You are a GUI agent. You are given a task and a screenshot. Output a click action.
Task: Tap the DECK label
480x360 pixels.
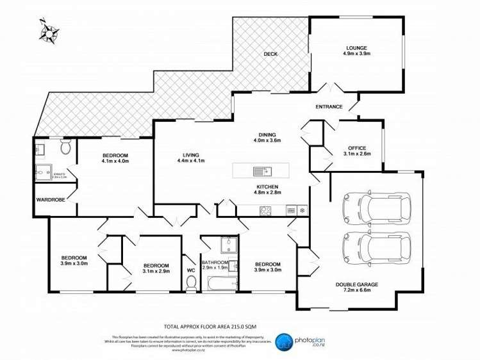[x=270, y=54]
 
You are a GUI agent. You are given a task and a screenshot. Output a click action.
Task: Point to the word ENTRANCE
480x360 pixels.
[x=329, y=106]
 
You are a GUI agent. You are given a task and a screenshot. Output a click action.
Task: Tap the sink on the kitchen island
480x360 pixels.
[x=261, y=171]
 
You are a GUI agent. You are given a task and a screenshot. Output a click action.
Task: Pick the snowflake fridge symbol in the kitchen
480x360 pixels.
[x=302, y=210]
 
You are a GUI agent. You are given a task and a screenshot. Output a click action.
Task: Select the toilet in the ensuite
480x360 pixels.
[x=65, y=147]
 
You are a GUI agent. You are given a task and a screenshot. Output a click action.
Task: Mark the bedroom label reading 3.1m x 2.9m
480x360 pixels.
[x=156, y=268]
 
